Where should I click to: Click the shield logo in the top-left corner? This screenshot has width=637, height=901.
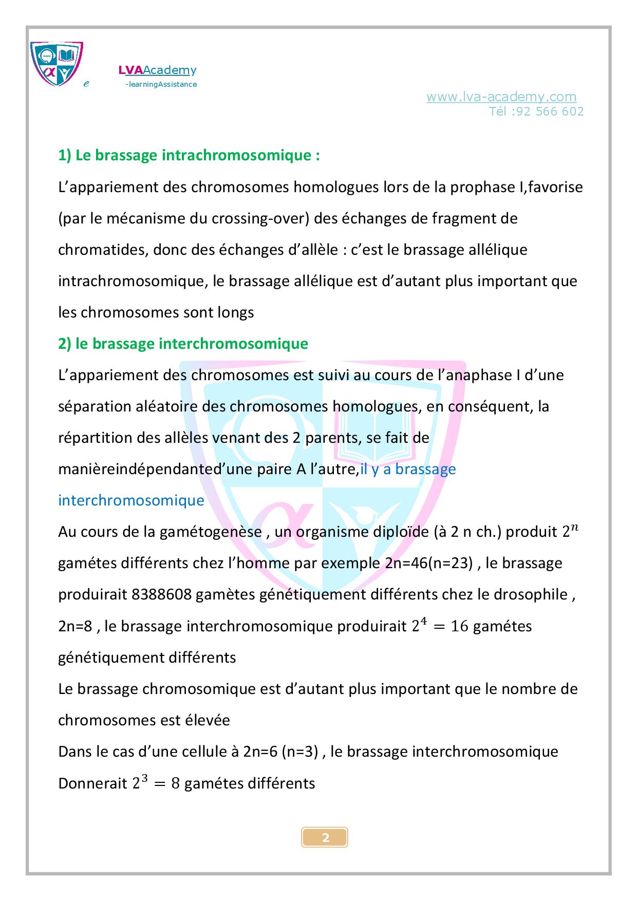(x=57, y=64)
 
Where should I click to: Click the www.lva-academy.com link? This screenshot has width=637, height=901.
(x=501, y=97)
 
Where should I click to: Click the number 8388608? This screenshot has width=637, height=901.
(x=161, y=595)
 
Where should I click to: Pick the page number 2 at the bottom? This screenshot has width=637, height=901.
(x=325, y=838)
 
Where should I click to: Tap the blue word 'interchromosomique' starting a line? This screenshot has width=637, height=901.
(x=131, y=500)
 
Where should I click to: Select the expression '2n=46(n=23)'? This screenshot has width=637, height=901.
(x=428, y=564)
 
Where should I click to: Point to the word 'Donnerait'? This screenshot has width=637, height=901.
(x=92, y=783)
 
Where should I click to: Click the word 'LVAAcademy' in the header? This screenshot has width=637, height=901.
(x=157, y=70)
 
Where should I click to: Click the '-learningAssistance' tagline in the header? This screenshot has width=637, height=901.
(x=161, y=84)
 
